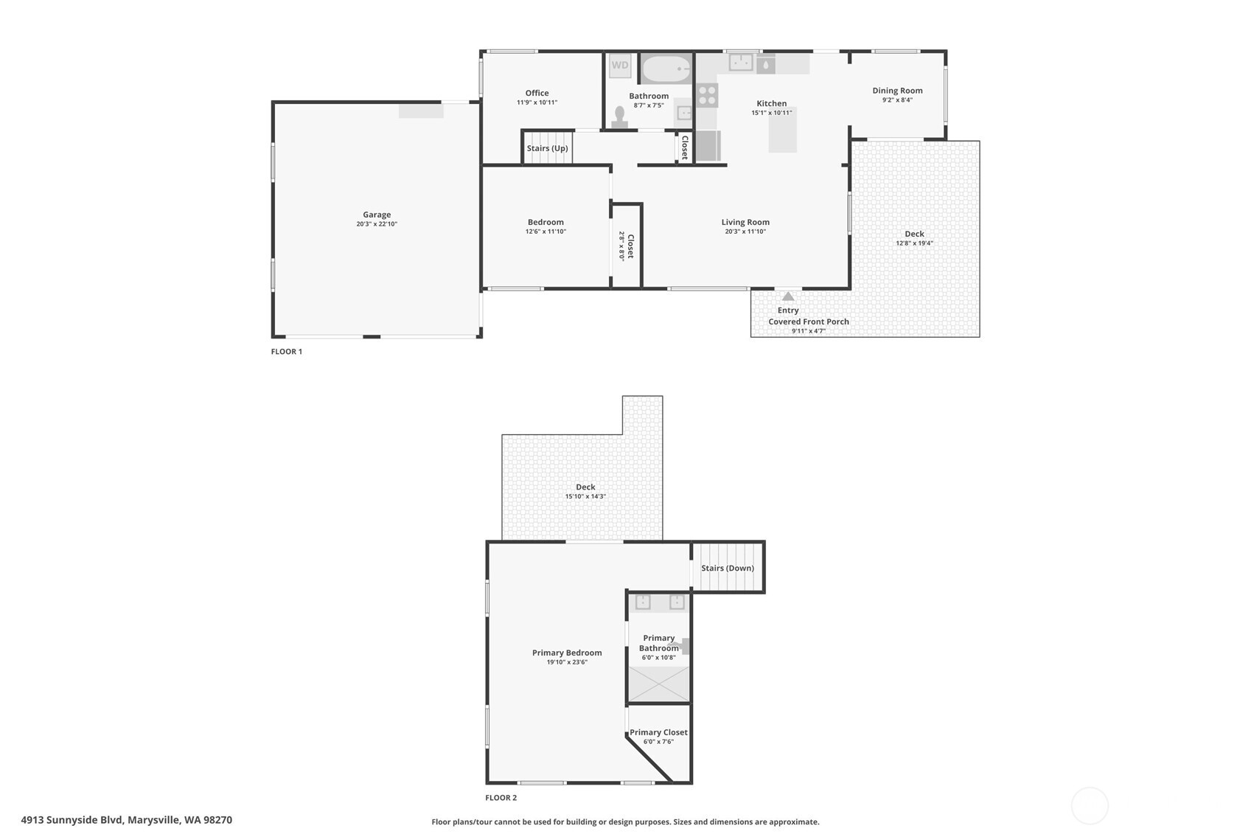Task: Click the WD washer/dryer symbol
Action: [620, 65]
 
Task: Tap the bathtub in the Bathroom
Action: [666, 69]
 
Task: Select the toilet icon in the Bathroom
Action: [620, 118]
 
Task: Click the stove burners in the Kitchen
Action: [707, 95]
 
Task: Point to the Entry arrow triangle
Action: [788, 296]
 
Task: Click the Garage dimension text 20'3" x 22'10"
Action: [377, 224]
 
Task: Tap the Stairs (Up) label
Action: [547, 148]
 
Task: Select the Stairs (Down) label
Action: [727, 568]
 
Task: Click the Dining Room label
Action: [897, 91]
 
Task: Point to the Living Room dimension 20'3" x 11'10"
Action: [745, 232]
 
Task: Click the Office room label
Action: [537, 93]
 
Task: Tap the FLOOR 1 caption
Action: [286, 352]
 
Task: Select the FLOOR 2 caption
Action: [501, 798]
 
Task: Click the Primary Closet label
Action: [658, 732]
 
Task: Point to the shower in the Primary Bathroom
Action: [658, 684]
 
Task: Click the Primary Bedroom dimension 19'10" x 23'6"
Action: [567, 662]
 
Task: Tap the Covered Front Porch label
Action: [809, 322]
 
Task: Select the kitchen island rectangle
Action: [783, 131]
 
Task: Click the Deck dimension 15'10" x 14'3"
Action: [585, 496]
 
